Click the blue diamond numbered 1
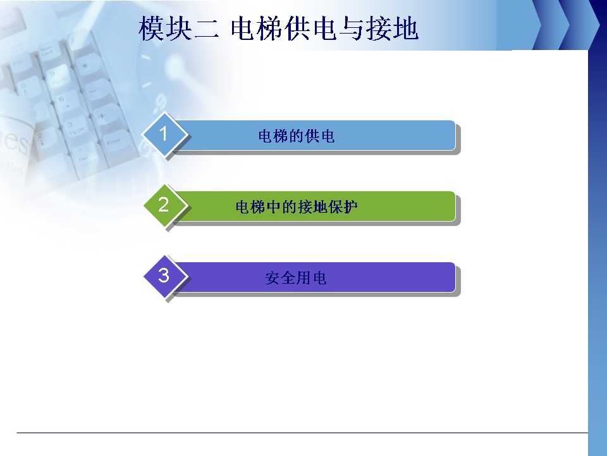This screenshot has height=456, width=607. pos(164,134)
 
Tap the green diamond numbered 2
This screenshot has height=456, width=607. pos(164,205)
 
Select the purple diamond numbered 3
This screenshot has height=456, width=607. pos(164,275)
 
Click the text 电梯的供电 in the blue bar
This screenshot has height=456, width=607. pos(296,136)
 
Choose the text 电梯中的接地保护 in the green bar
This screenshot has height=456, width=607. pos(296,206)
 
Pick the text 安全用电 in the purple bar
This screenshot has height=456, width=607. pos(296,277)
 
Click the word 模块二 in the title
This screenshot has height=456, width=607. pos(179,28)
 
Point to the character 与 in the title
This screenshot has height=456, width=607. pos(352,28)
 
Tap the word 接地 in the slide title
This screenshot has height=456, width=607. pos(392,28)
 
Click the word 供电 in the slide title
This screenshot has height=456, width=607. pos(312,28)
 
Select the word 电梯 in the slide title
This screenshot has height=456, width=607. pos(257,28)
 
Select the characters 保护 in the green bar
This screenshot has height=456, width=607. pos(343,206)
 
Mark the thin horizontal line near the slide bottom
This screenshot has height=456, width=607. pos(302,433)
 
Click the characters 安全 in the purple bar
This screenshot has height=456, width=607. pos(281,277)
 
